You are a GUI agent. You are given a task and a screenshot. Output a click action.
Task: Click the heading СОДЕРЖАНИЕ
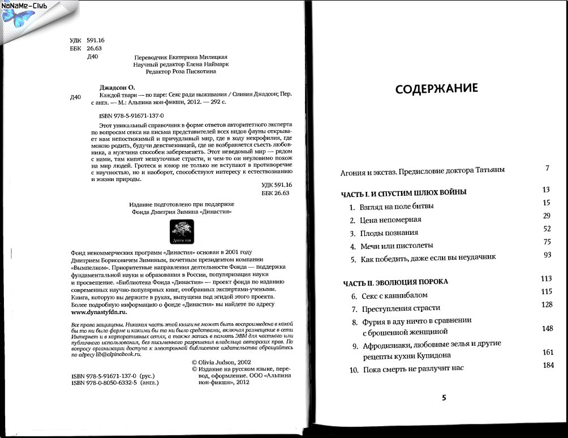(x=436, y=89)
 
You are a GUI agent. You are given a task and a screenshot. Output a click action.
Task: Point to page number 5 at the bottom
(x=444, y=397)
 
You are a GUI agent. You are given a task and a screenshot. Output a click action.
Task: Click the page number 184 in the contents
(x=547, y=365)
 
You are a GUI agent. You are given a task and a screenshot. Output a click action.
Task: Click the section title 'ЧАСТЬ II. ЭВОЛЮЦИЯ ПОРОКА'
(x=395, y=281)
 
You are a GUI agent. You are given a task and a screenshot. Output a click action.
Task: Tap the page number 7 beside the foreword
(x=547, y=168)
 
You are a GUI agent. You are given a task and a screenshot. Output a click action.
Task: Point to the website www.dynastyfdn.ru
(x=100, y=312)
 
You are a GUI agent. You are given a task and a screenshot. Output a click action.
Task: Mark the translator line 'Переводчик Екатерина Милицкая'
(x=182, y=57)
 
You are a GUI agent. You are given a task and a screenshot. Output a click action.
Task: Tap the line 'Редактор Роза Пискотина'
(x=181, y=72)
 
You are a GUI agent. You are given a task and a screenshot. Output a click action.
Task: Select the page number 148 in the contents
(x=547, y=328)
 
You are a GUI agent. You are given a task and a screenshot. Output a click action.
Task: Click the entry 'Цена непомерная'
(x=390, y=219)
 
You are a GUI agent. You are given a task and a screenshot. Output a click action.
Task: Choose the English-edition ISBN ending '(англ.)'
(x=115, y=383)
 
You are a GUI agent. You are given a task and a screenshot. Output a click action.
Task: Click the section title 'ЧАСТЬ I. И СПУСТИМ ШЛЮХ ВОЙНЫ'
(x=404, y=192)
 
